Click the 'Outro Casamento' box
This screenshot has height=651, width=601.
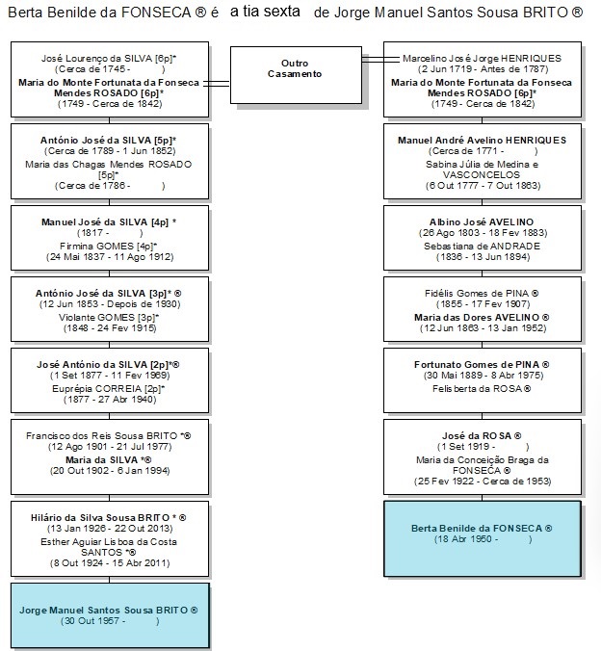pos(296,75)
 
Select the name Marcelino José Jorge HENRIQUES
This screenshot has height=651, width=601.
pos(482,59)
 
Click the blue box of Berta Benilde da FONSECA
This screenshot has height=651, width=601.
pos(483,539)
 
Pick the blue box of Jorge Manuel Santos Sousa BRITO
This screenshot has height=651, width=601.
pos(110,615)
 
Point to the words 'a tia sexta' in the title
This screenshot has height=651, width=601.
pos(265,12)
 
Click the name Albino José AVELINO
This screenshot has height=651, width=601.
pos(482,222)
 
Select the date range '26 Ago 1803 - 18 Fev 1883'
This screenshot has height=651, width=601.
pos(483,233)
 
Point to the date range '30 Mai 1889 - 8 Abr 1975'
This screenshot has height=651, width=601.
pos(483,376)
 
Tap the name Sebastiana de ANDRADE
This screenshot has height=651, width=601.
pos(482,247)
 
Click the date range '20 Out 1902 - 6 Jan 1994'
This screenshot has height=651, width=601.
pos(110,471)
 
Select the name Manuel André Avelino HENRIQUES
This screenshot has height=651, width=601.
pos(482,141)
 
